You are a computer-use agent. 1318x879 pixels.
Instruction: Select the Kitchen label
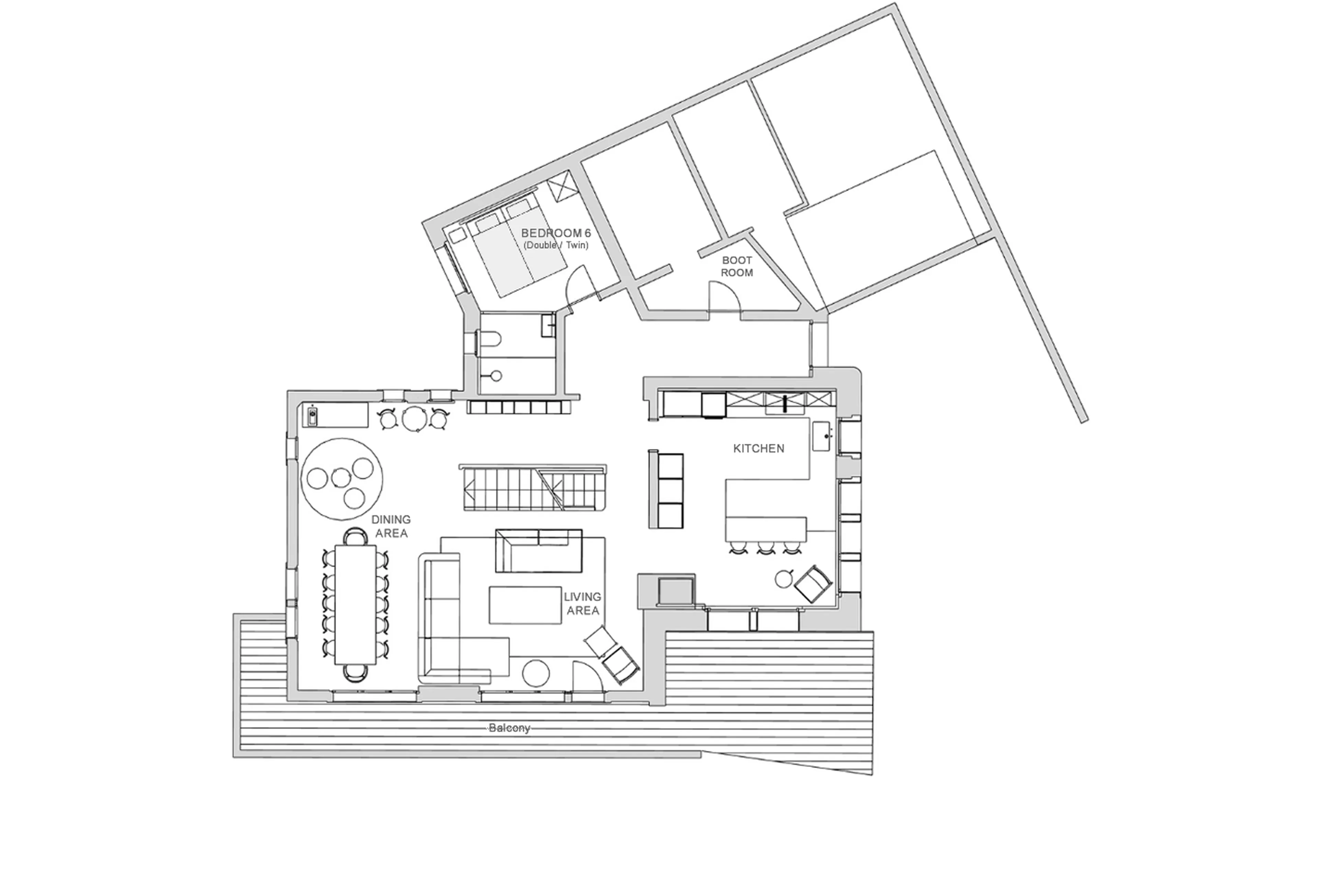[759, 449]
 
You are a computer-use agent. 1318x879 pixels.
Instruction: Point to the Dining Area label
[391, 526]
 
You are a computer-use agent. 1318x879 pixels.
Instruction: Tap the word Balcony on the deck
[509, 728]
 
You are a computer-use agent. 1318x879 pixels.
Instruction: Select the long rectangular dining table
[355, 604]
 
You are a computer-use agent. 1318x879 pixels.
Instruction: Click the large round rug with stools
[342, 480]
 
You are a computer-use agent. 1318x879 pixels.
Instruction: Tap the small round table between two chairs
[414, 418]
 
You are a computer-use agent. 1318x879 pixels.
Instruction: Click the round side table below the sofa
[535, 673]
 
